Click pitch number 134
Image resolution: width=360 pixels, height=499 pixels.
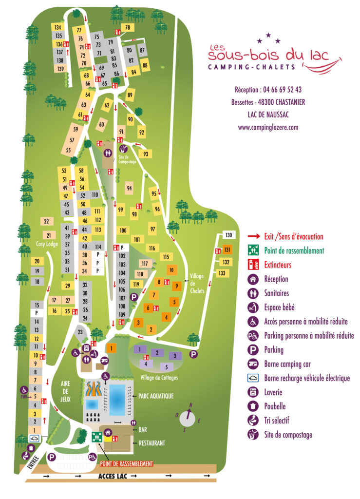[x=58, y=27]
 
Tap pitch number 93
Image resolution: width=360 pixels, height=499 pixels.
[x=146, y=154]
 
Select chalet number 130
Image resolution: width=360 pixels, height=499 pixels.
[x=228, y=235]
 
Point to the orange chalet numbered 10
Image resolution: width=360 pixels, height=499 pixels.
[x=171, y=269]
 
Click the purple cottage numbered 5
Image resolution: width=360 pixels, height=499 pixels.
[x=166, y=366]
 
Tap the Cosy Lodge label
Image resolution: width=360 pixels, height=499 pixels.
[x=47, y=243]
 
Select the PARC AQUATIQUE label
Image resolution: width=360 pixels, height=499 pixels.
[x=156, y=396]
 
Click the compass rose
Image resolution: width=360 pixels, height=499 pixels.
[x=187, y=419]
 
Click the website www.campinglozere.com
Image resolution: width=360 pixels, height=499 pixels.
[x=268, y=128]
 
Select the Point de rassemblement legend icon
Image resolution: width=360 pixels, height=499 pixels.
[x=252, y=250]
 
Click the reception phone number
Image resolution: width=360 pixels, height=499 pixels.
[x=268, y=90]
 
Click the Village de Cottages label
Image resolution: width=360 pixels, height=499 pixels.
[x=158, y=378]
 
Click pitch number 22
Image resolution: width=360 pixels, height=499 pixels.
[x=46, y=222]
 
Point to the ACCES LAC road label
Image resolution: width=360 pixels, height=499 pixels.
[x=113, y=477]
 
